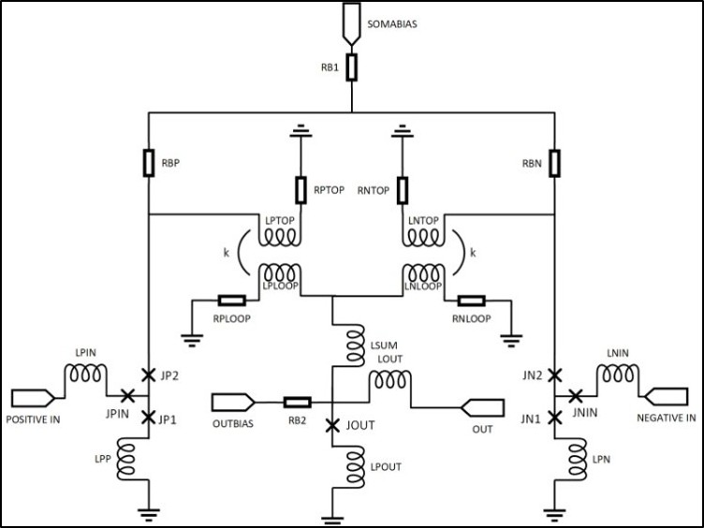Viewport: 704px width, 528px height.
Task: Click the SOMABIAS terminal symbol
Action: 352,28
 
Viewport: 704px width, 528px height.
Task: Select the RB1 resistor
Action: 352,67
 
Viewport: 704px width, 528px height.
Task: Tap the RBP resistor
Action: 149,163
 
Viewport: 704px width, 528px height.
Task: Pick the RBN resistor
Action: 554,163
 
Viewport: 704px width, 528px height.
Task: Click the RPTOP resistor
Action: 301,190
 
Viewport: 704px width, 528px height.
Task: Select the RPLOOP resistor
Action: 231,301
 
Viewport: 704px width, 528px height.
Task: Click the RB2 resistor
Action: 297,403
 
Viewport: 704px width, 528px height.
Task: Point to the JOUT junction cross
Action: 331,425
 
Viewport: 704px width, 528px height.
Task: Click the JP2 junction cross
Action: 148,374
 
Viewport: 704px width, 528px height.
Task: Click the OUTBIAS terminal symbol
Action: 233,403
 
